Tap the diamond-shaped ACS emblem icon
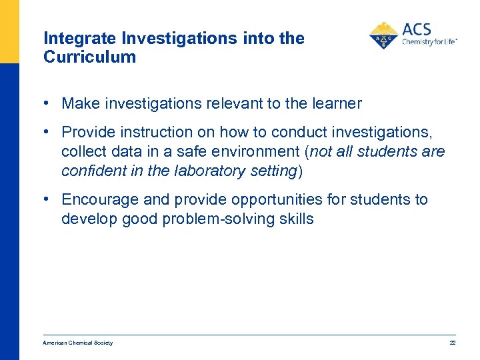coord(383,36)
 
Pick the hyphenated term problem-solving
coord(216,219)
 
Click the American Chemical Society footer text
coord(78,343)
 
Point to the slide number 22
coord(453,343)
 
